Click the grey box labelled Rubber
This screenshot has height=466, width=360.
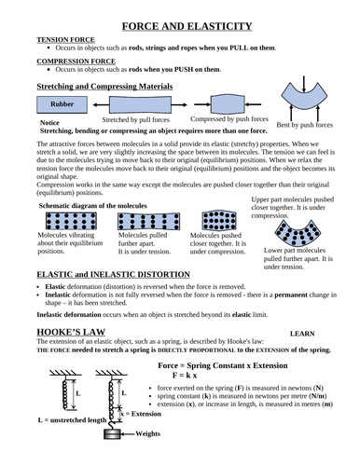pyautogui.click(x=62, y=104)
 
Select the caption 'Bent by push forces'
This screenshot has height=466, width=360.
pyautogui.click(x=305, y=124)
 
